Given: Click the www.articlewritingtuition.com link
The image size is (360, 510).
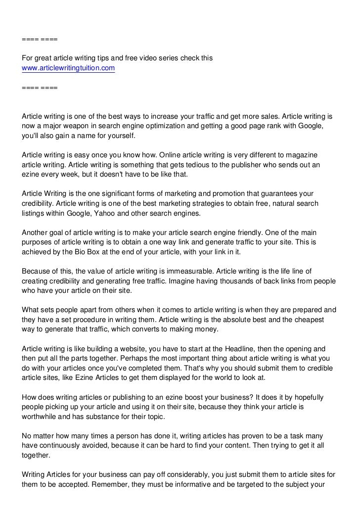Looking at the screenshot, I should tap(68, 68).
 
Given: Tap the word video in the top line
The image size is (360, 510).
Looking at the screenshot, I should tap(143, 58).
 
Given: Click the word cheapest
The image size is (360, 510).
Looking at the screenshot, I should tap(306, 320).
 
